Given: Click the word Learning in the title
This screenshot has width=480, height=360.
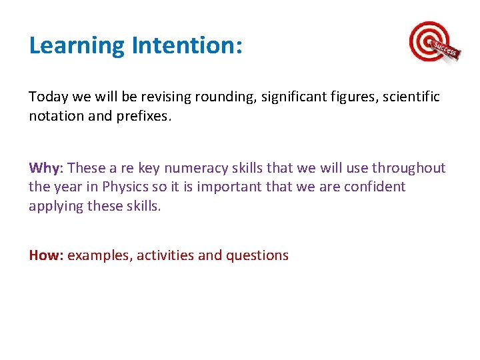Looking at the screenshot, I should pyautogui.click(x=77, y=46).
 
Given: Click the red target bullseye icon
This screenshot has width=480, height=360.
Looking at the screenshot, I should pyautogui.click(x=427, y=41).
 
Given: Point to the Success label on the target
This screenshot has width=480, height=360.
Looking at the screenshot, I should pyautogui.click(x=445, y=50).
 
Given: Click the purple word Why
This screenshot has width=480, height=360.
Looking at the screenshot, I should pyautogui.click(x=44, y=168).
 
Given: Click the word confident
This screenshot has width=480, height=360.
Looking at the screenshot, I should pyautogui.click(x=374, y=187).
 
